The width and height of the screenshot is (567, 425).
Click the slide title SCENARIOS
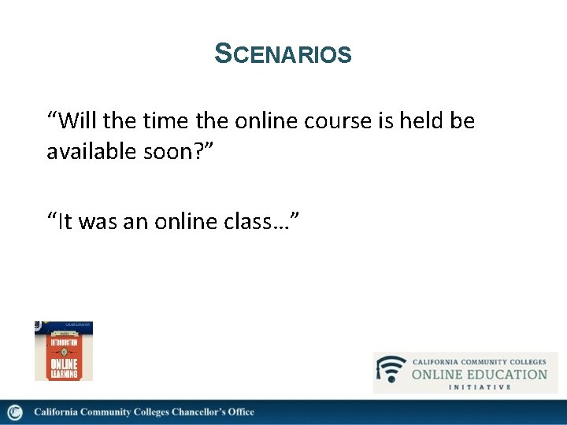pos(283,54)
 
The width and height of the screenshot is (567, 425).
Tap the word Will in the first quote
pos(77,121)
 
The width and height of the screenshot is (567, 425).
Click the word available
pos(93,152)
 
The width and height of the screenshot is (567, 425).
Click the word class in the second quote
pos(260,222)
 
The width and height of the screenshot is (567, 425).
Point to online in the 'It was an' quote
pos(187,222)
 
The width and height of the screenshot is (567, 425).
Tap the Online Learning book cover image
pos(64,351)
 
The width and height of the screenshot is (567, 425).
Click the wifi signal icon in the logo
pos(391,371)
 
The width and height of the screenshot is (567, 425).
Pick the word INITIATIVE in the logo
pos(480,386)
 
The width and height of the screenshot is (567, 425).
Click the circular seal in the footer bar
pos(15,412)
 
